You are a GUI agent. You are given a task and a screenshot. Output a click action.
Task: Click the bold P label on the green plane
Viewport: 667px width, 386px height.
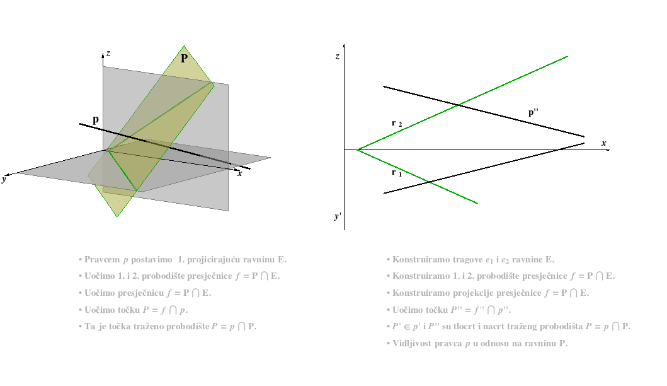pyautogui.click(x=184, y=59)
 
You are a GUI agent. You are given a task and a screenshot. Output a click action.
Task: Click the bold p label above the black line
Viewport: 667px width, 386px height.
pyautogui.click(x=96, y=119)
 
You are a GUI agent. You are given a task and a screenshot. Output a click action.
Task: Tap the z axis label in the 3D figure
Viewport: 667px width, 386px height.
pyautogui.click(x=108, y=53)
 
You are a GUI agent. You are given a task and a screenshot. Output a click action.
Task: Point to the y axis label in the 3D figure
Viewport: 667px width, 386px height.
pyautogui.click(x=4, y=179)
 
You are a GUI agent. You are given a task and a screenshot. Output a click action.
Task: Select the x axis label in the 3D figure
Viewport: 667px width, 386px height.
pyautogui.click(x=240, y=173)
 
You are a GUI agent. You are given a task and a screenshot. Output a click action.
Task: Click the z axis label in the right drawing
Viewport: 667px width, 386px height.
pyautogui.click(x=338, y=56)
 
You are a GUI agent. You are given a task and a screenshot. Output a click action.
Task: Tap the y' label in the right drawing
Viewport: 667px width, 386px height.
pyautogui.click(x=338, y=216)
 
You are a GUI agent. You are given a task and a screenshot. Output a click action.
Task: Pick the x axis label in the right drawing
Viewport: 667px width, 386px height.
pyautogui.click(x=604, y=143)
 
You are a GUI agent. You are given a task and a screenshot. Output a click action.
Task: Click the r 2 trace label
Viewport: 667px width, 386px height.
pyautogui.click(x=396, y=123)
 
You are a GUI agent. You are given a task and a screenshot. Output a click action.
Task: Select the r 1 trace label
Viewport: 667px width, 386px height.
pyautogui.click(x=396, y=173)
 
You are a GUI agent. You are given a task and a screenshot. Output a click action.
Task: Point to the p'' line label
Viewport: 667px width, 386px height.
pyautogui.click(x=533, y=112)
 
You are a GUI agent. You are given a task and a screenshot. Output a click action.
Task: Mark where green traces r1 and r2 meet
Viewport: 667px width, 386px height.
pyautogui.click(x=357, y=150)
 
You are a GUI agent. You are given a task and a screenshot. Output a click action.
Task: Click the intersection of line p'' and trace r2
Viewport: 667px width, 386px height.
pyautogui.click(x=458, y=105)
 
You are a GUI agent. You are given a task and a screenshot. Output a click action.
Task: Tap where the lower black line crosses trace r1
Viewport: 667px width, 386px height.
pyautogui.click(x=429, y=182)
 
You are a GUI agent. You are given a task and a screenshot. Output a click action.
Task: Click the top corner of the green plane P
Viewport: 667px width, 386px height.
pyautogui.click(x=184, y=46)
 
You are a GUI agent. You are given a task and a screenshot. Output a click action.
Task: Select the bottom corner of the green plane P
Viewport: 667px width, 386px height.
pyautogui.click(x=117, y=217)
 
